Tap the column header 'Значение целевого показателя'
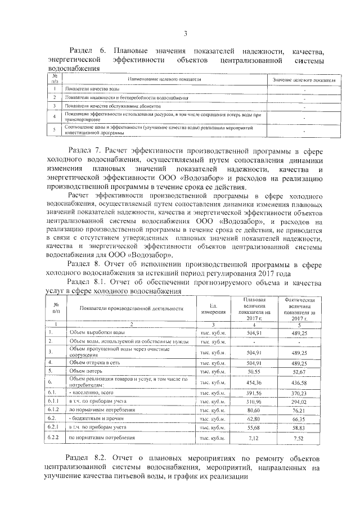[x=304, y=81]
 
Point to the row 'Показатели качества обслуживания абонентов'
[x=112, y=105]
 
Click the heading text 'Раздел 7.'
[x=85, y=151]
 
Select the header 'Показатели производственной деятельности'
[x=132, y=308]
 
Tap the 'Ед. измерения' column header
[x=213, y=308]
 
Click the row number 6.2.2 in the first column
[x=54, y=437]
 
